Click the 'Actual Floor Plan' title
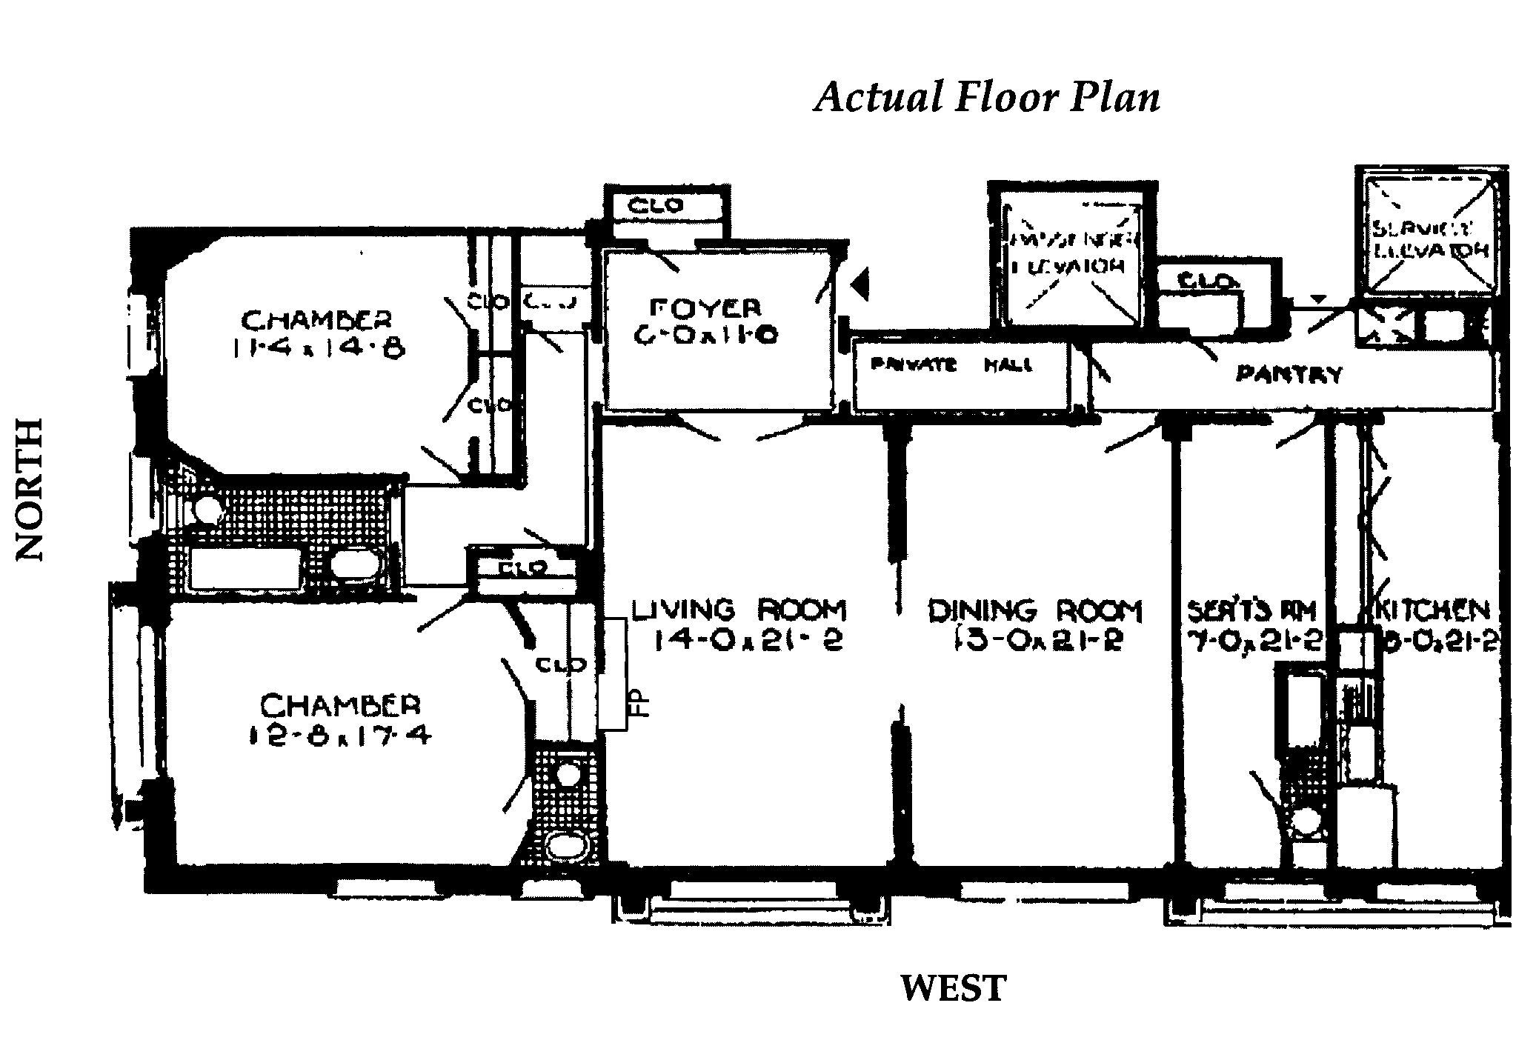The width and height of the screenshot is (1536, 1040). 987,97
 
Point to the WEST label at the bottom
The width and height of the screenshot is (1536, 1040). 953,988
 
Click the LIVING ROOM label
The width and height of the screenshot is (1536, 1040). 738,610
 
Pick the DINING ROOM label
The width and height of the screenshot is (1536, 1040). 1035,611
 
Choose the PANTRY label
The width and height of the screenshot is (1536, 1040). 1288,374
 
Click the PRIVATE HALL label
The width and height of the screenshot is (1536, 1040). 951,365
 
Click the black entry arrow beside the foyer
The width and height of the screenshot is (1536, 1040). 860,285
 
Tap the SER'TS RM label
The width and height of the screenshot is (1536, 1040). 1251,611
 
